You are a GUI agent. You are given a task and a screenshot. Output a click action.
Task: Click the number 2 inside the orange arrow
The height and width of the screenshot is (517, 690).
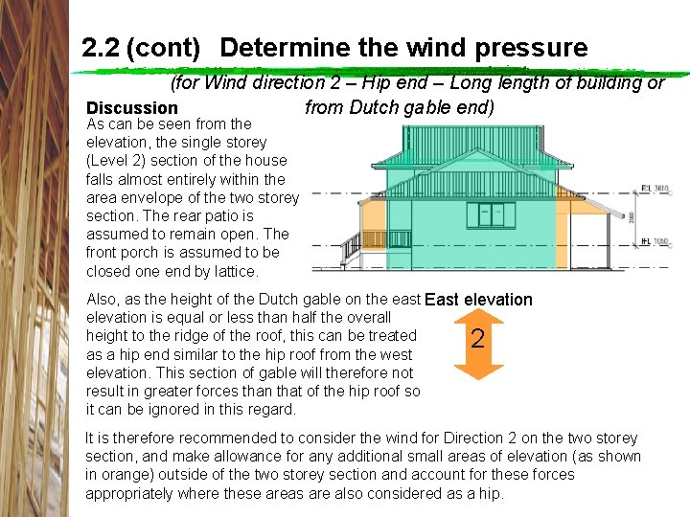click(x=478, y=340)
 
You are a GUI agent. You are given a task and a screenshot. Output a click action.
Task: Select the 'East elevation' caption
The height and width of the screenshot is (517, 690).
click(x=478, y=300)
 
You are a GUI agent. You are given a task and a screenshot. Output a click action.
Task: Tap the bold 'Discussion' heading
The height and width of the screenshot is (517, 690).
click(x=132, y=108)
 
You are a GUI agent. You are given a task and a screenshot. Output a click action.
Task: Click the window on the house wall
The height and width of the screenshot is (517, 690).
click(x=495, y=213)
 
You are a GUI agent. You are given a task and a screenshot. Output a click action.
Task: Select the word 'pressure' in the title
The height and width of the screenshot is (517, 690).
click(x=541, y=47)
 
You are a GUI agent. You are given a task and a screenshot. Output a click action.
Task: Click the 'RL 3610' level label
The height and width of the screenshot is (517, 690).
click(x=654, y=189)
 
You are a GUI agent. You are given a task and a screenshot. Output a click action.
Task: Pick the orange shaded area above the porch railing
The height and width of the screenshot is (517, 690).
click(x=373, y=215)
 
